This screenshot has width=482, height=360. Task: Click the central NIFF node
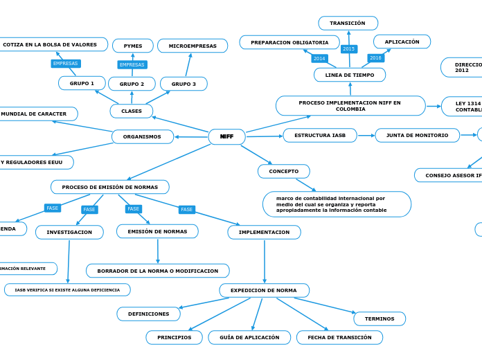point(226,136)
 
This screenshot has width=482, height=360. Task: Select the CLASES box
point(132,111)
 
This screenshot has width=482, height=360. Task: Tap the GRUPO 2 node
point(132,84)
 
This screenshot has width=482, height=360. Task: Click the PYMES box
point(133,46)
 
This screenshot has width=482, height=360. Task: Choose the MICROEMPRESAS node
point(193,46)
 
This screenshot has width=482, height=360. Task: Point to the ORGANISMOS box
point(142,136)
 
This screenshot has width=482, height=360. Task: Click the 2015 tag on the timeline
point(349,49)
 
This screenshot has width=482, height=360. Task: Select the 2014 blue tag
point(319,58)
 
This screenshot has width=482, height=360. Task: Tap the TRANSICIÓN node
point(348,23)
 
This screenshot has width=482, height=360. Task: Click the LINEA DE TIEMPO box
point(350,75)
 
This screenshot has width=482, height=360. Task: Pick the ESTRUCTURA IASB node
point(320,135)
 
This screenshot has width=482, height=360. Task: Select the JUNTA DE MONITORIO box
point(417,135)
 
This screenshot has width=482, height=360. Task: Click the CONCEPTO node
point(283,171)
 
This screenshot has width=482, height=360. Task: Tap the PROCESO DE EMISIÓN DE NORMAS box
point(109,187)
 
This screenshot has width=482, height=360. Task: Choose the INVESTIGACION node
point(69,232)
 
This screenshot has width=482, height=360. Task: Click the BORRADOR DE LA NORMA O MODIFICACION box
point(157,271)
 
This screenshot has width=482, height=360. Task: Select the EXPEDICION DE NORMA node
point(264,290)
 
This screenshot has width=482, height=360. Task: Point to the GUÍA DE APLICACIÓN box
point(249,337)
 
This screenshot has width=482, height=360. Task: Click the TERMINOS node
point(380,318)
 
